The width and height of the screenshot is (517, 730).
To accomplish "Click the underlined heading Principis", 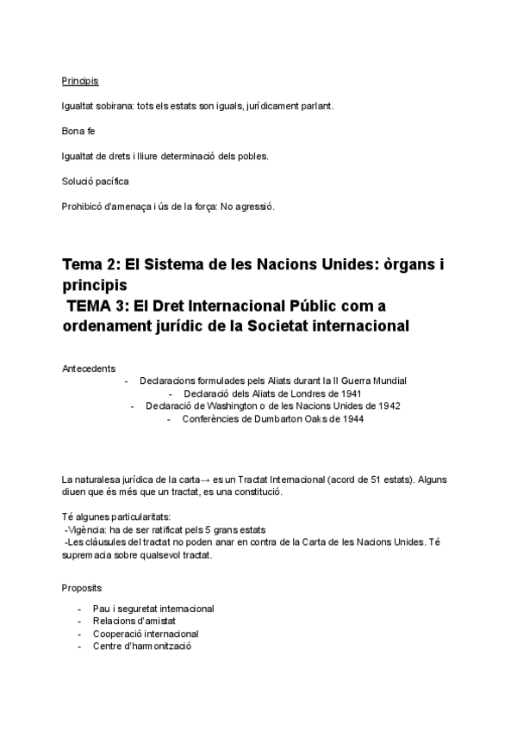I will [80, 82].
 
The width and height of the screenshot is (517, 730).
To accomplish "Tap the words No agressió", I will [248, 206].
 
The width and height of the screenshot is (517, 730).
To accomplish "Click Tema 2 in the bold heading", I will [90, 264].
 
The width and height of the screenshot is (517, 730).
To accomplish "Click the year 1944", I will [352, 418].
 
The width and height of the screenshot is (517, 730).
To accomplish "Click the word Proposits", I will [81, 590].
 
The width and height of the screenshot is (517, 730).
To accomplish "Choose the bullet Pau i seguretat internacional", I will [153, 609].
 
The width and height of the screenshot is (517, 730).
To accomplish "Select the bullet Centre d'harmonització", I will [142, 646].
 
